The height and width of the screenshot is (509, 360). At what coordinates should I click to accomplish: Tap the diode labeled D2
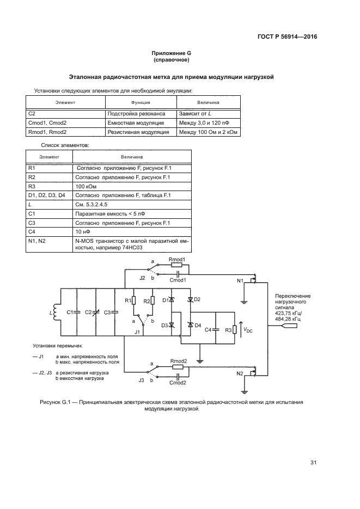(190, 300)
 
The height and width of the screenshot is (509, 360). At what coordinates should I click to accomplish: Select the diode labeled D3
(172, 325)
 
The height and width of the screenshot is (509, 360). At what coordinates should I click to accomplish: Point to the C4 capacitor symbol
(216, 329)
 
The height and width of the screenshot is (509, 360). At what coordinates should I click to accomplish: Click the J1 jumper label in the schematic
(138, 332)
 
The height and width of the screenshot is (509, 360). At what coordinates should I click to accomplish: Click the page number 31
(313, 463)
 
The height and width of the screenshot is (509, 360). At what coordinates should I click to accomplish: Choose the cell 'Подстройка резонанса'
(133, 114)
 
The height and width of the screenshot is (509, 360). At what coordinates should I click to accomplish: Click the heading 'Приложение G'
(172, 53)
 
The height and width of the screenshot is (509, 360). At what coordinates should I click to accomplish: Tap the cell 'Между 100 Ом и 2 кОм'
(209, 132)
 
